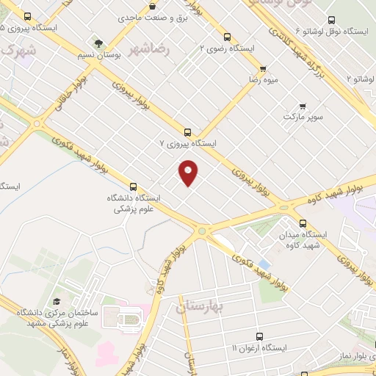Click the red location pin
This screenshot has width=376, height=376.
pos(189,173)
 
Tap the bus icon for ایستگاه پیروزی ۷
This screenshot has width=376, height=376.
pos(188,133)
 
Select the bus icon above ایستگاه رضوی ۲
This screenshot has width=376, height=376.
pos(227,36)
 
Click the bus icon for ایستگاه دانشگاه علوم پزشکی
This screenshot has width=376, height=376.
pos(133,187)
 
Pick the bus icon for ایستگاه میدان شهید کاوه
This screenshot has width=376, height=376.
pos(303,223)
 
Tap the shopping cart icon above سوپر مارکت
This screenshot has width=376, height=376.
pos(303,105)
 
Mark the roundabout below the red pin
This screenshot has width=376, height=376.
pos(201,231)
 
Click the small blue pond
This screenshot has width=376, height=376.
pos(264,262)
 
